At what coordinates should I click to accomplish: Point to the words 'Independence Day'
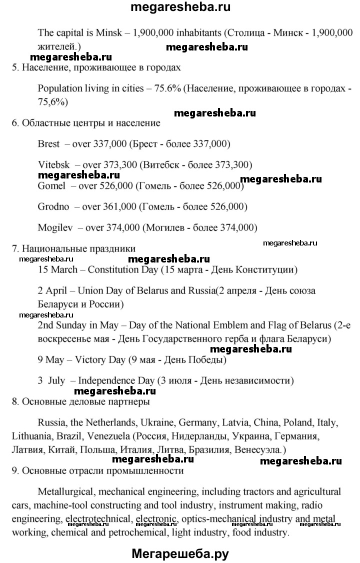[x=114, y=380]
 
